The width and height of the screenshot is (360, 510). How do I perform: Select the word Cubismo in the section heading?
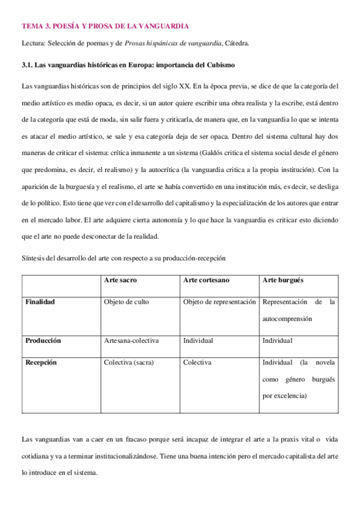tap(215, 64)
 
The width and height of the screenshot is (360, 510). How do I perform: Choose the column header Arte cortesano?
tap(206, 280)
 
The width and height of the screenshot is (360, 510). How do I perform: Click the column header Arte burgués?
tap(282, 280)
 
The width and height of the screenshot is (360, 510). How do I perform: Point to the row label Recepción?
tap(41, 362)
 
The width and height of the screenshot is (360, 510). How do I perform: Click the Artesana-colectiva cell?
tap(131, 340)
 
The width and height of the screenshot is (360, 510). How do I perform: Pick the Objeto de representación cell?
tap(219, 301)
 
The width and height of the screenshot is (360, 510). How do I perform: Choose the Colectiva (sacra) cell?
tap(129, 362)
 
